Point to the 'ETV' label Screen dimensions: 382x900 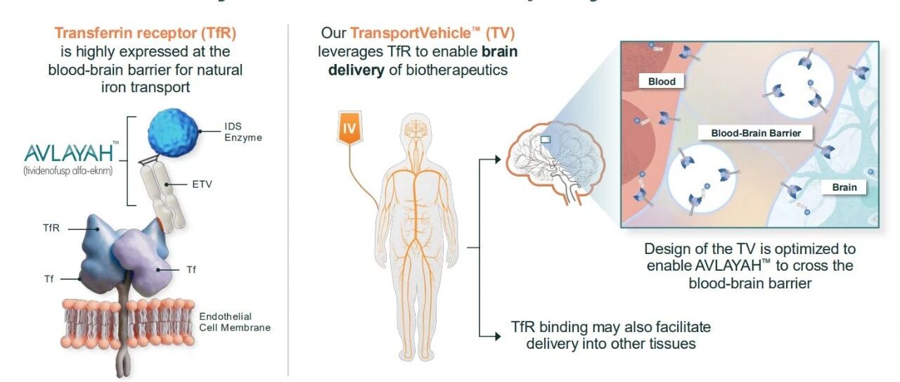tap(201, 184)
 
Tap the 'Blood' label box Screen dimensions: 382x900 tap(662, 81)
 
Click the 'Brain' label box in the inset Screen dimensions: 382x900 tap(844, 187)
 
